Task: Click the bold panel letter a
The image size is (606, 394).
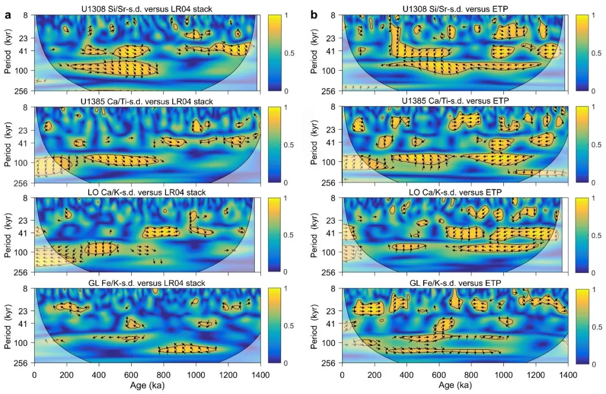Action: click(8, 15)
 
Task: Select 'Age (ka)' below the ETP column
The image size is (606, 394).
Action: click(454, 385)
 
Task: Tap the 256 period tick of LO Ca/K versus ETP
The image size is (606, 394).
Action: click(330, 272)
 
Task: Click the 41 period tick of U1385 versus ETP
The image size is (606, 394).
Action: click(333, 142)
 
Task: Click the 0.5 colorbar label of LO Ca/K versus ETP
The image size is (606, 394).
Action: click(591, 235)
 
